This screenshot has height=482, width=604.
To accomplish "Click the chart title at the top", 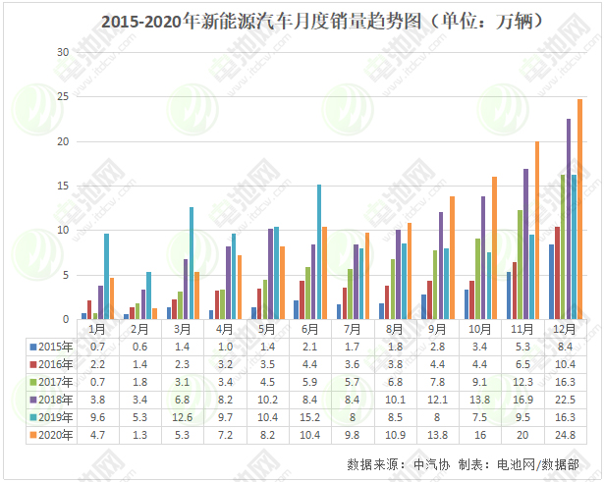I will click(302, 20).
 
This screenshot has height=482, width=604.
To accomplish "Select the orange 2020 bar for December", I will click(580, 209).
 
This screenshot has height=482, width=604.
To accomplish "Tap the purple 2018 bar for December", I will click(569, 219).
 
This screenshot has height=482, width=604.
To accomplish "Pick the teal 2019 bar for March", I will click(192, 263).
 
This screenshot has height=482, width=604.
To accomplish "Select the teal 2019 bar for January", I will click(106, 277).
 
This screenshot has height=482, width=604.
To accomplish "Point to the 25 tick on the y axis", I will click(63, 96).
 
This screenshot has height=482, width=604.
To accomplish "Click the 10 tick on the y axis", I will click(63, 231).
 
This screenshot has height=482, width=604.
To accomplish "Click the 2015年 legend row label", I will click(53, 347).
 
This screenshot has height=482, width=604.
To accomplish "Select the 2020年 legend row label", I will click(53, 434).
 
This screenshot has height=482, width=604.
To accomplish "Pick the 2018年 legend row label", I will click(53, 400).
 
